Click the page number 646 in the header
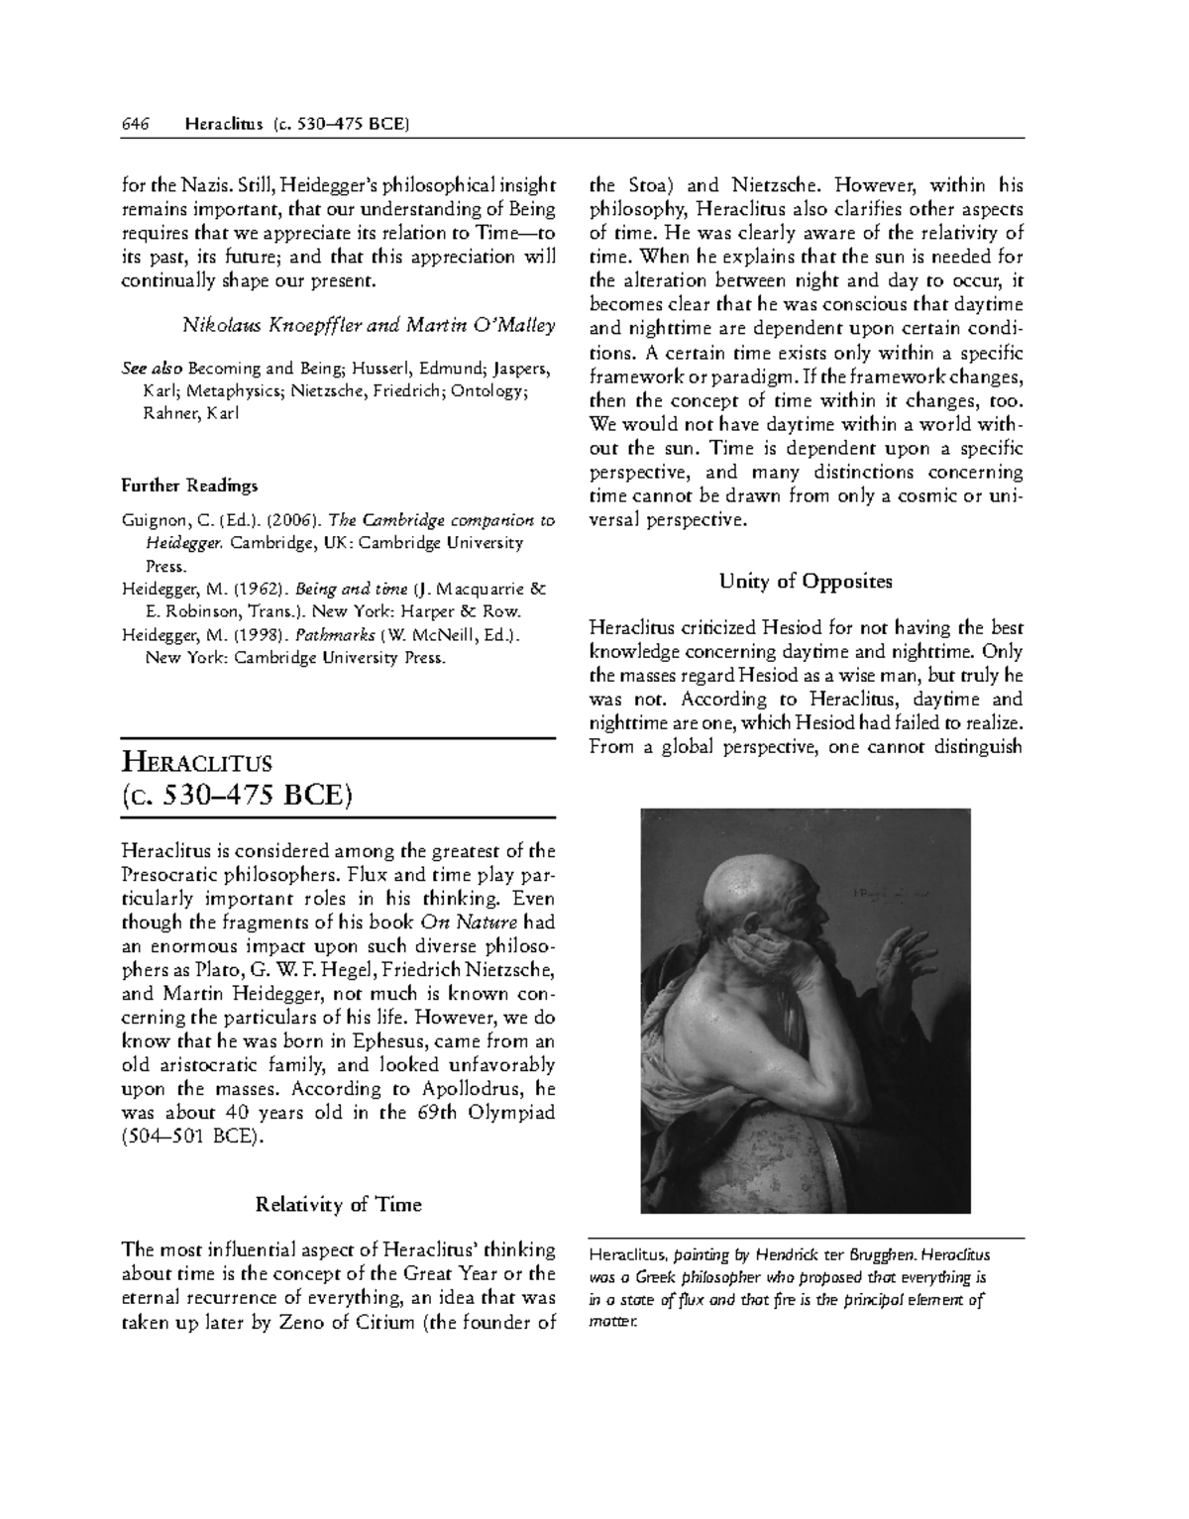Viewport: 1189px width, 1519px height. click(x=135, y=124)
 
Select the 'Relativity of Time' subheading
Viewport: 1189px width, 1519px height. click(x=338, y=1205)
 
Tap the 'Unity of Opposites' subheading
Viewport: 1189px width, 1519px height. click(x=806, y=581)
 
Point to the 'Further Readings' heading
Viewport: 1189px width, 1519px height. click(x=189, y=486)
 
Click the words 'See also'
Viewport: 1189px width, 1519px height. click(x=153, y=369)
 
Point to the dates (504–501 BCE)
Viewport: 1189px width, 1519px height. click(x=193, y=1137)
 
